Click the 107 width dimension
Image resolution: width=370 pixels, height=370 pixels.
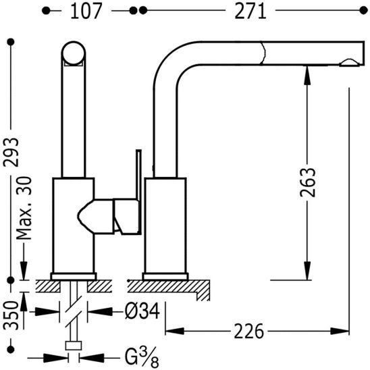point(86,11)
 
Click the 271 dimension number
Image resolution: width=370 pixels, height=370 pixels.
point(250,11)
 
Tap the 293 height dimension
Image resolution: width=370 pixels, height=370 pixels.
point(11,152)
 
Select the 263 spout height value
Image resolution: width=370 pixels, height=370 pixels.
point(307,182)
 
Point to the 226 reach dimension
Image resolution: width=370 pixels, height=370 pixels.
point(248,332)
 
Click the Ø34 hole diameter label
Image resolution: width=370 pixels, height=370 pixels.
point(142,311)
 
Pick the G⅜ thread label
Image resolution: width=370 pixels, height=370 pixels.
point(142,357)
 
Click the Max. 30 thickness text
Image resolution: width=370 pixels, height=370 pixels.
point(24,208)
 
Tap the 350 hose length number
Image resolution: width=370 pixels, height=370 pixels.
point(11,315)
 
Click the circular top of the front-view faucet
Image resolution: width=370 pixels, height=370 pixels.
point(74,53)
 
